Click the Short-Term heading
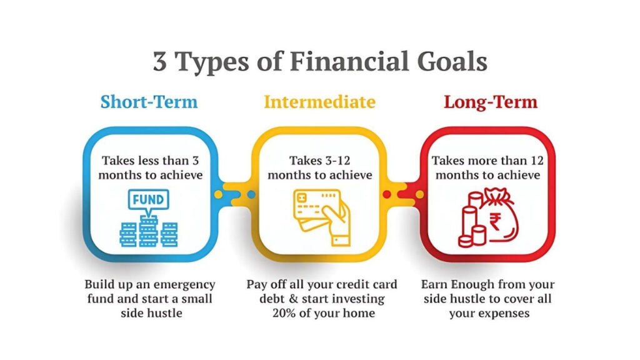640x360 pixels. (x=149, y=102)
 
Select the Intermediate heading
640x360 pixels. (x=319, y=102)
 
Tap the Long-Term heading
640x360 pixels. (x=491, y=102)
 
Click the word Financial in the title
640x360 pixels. (x=349, y=61)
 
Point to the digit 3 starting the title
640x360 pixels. (x=160, y=62)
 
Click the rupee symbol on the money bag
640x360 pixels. (x=495, y=222)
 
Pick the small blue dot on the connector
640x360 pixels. (x=251, y=194)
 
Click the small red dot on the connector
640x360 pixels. (x=387, y=194)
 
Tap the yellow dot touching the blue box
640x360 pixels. (x=218, y=194)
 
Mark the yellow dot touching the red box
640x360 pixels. (x=419, y=194)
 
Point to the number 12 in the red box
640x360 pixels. (x=537, y=161)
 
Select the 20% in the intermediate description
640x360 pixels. (x=284, y=313)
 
